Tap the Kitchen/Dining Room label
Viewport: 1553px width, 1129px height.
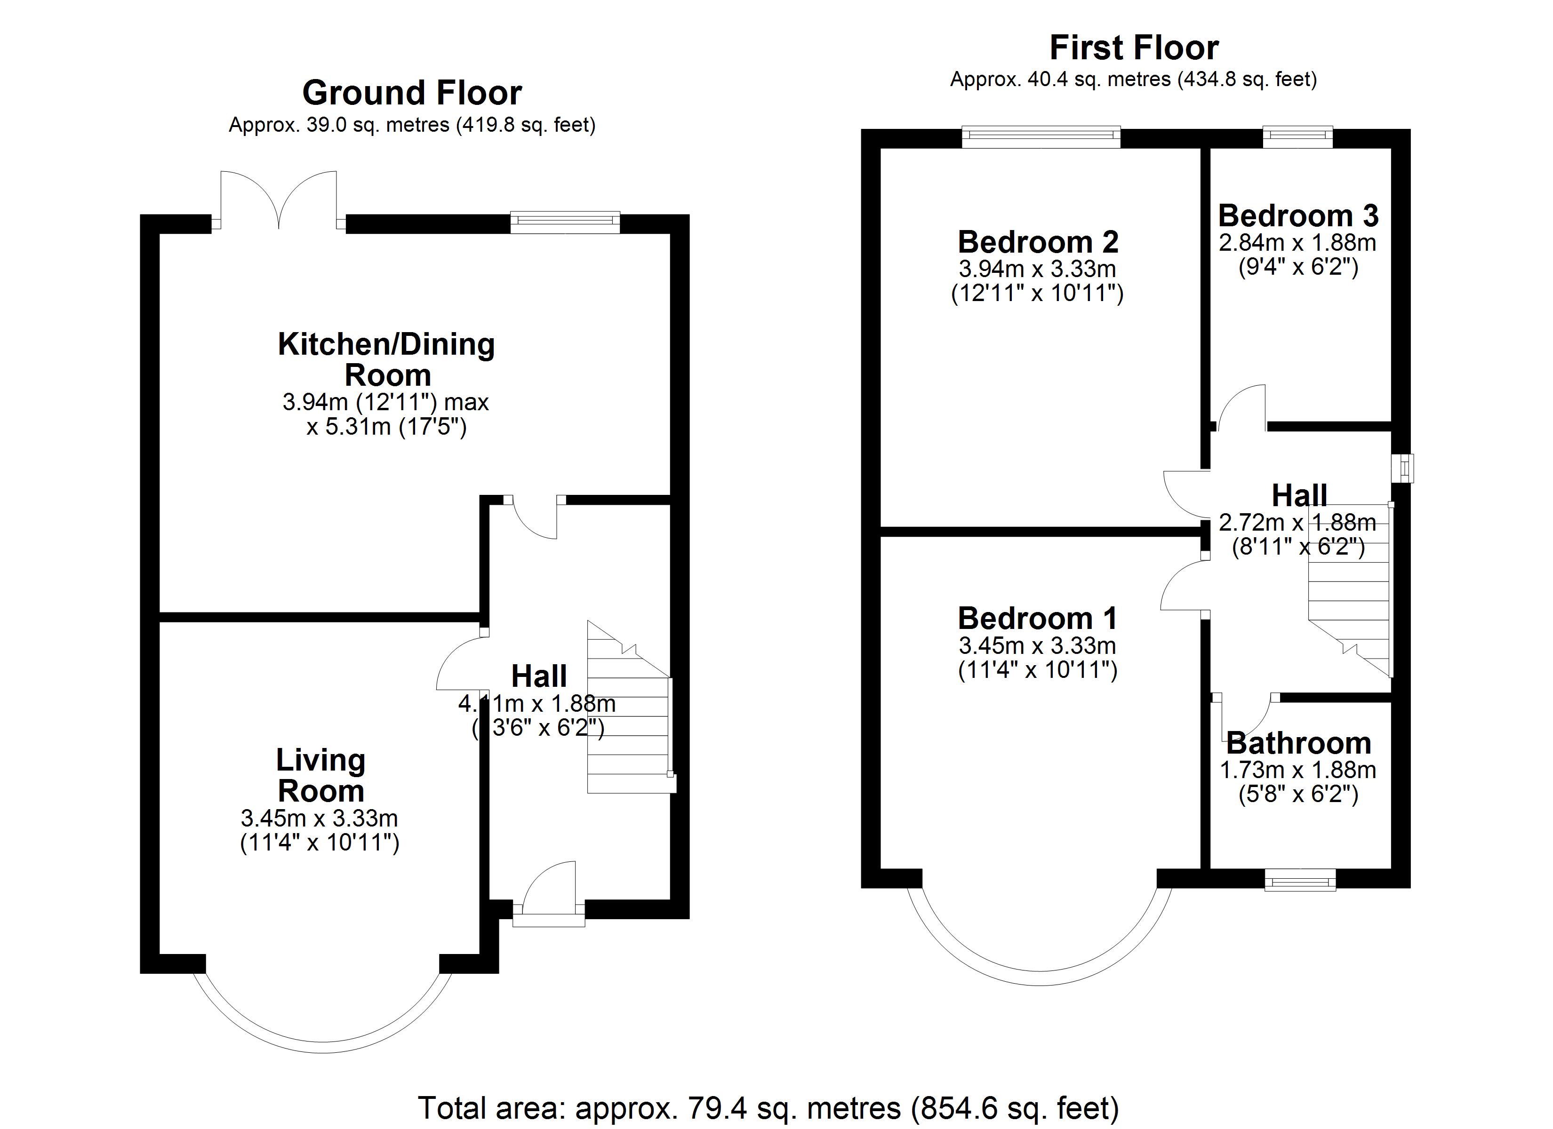pyautogui.click(x=386, y=359)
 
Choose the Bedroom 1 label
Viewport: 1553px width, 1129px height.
pyautogui.click(x=1037, y=618)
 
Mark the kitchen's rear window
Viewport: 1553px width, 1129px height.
pyautogui.click(x=565, y=222)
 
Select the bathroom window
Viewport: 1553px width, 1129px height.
pyautogui.click(x=1300, y=880)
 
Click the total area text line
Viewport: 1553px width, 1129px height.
pyautogui.click(x=768, y=1107)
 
